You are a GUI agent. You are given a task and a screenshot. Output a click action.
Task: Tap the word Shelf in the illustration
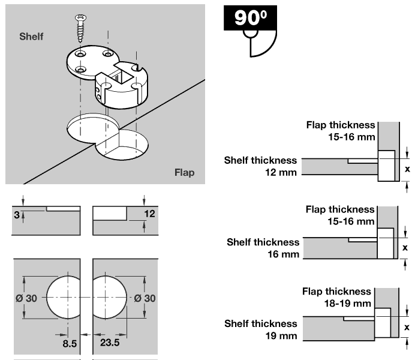(x=31, y=37)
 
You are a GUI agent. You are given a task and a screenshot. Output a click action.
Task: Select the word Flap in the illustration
(x=185, y=173)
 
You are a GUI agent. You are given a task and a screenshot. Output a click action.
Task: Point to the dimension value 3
(x=16, y=213)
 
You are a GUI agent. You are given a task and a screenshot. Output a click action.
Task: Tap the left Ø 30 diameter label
(x=29, y=298)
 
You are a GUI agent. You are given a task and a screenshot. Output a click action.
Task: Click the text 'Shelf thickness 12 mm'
(x=261, y=166)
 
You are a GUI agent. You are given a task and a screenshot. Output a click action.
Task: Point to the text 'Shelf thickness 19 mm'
(x=261, y=329)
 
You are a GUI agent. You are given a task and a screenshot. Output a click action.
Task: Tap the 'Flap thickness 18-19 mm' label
(x=336, y=297)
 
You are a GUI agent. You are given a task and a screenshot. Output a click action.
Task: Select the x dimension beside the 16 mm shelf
(x=405, y=247)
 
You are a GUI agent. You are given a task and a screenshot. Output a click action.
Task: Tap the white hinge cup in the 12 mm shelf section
(x=386, y=165)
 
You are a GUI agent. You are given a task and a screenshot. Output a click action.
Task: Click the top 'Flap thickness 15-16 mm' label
(x=341, y=131)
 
